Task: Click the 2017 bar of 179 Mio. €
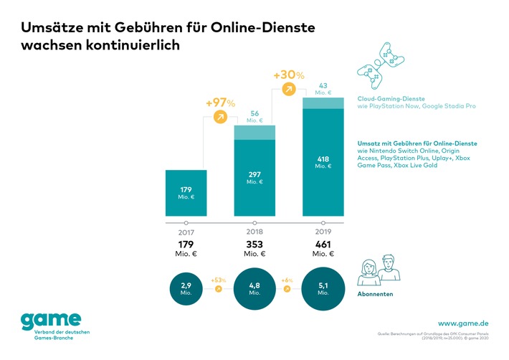click(x=186, y=193)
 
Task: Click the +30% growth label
click(x=289, y=75)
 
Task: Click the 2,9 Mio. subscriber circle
click(x=186, y=288)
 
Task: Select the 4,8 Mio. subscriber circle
click(x=255, y=288)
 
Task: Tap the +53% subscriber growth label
click(x=219, y=280)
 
